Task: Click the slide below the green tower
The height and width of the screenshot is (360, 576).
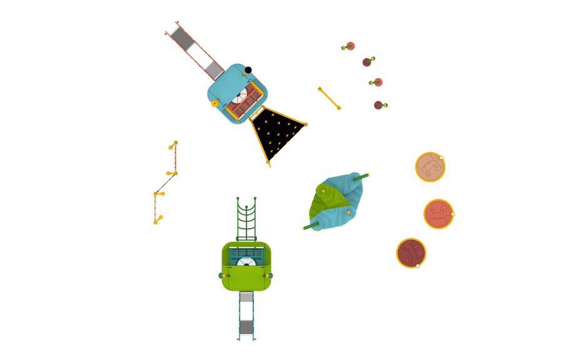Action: tap(246, 316)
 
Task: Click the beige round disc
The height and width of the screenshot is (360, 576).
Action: tap(430, 166)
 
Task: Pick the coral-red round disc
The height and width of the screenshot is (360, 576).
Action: tap(438, 214)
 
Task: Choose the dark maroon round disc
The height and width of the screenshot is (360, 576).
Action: tap(411, 252)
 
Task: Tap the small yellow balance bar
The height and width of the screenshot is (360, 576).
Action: tap(329, 98)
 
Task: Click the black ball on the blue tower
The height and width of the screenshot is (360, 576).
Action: tap(248, 69)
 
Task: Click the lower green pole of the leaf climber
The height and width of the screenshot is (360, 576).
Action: tap(310, 225)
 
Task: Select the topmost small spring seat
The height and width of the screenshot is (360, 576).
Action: tap(349, 46)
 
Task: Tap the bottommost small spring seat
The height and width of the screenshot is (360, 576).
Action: tap(380, 105)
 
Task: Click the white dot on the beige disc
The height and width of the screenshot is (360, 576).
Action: tap(442, 157)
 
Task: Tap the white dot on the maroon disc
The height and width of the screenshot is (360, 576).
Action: tap(418, 266)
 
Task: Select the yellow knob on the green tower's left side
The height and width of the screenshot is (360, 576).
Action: tap(223, 274)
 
